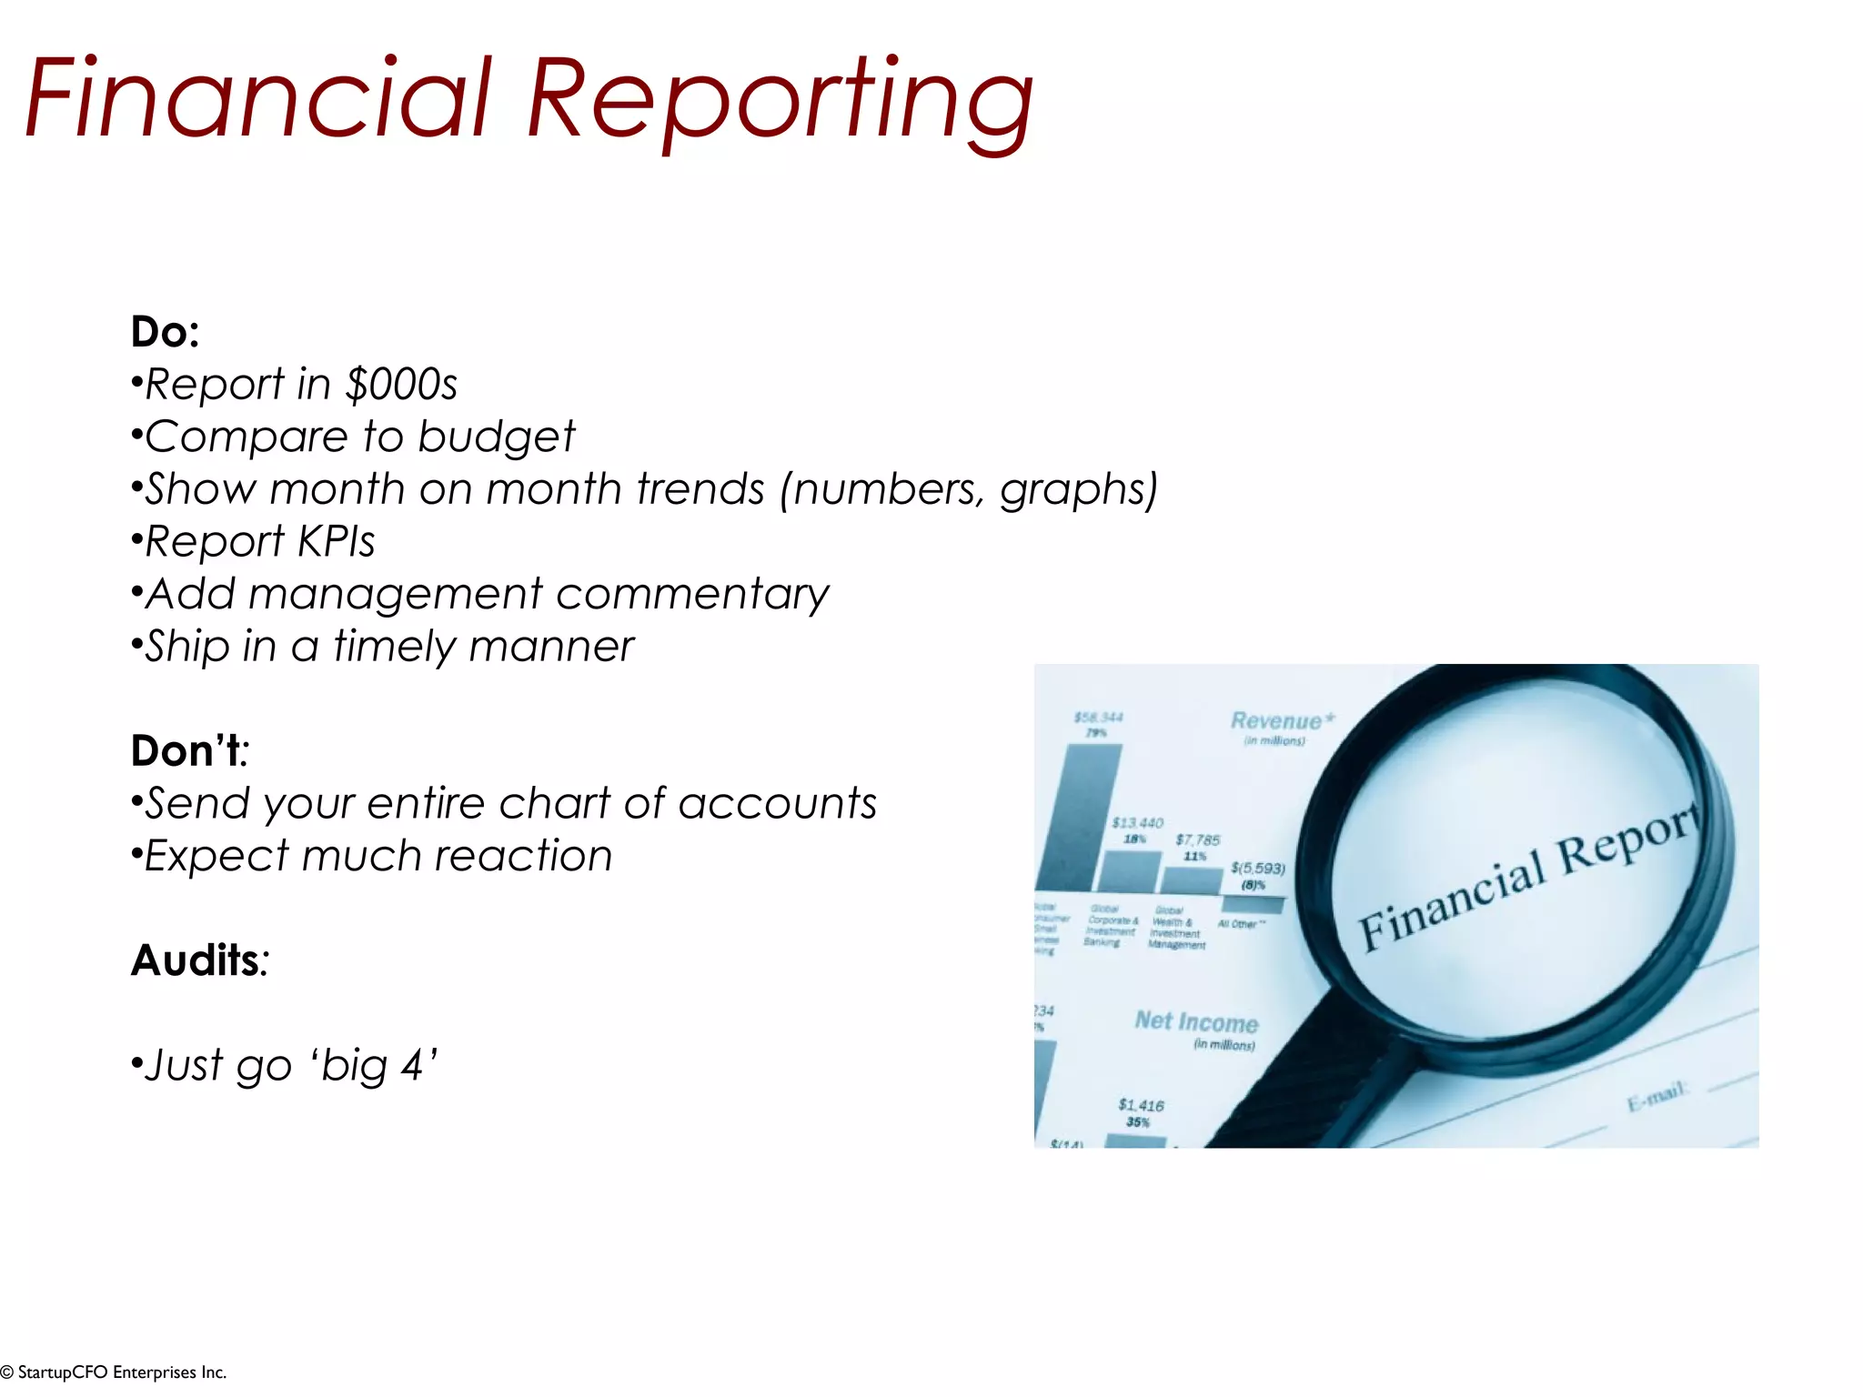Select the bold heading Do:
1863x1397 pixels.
click(x=165, y=332)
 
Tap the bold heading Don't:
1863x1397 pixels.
click(x=189, y=751)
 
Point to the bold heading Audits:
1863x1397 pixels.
click(x=199, y=960)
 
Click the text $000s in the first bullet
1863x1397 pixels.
click(x=401, y=385)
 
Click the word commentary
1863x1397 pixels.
click(x=692, y=595)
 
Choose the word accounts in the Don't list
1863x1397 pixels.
click(x=777, y=804)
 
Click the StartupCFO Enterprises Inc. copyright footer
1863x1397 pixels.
click(x=114, y=1372)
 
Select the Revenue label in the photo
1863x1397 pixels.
click(x=1276, y=721)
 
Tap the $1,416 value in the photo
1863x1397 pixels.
click(x=1141, y=1105)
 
